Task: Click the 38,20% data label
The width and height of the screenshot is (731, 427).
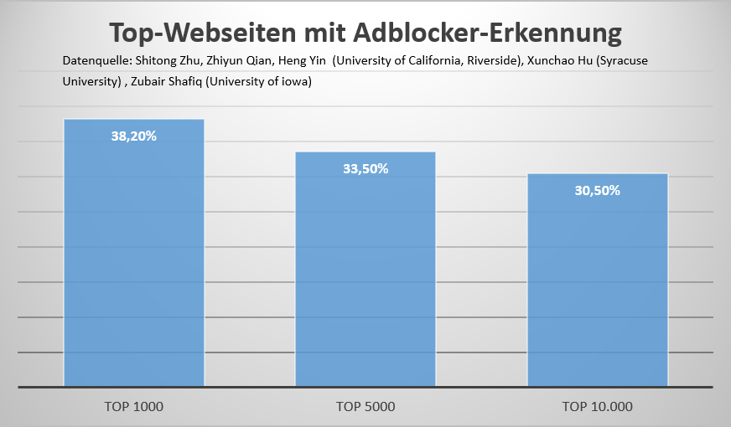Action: (134, 136)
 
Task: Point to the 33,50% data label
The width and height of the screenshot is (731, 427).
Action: (365, 168)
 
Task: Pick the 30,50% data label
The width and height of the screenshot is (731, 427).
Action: (597, 190)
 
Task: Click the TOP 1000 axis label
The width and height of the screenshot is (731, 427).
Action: (134, 407)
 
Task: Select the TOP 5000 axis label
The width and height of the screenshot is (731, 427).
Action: (365, 407)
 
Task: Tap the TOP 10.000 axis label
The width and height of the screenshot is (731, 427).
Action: (598, 407)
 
